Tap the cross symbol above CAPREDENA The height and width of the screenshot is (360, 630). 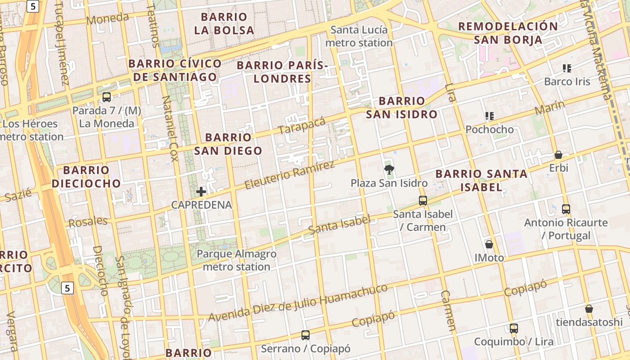[201, 192]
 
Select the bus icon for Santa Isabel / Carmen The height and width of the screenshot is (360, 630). [423, 201]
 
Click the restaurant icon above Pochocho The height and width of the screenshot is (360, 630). [490, 116]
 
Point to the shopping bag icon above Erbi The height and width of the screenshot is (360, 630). [558, 155]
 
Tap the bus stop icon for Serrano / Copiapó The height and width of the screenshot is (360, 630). [306, 335]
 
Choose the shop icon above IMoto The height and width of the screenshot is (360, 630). [489, 244]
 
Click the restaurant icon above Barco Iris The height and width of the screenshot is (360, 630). [567, 68]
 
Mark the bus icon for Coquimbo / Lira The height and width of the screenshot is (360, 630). [514, 328]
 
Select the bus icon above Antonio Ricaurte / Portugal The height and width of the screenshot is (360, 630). [566, 209]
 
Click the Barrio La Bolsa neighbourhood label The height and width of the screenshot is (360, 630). [224, 24]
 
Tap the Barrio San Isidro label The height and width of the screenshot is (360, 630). [401, 108]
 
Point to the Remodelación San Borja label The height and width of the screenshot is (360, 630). [508, 33]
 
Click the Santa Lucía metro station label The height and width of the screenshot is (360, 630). [359, 36]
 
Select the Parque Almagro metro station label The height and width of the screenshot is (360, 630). [237, 260]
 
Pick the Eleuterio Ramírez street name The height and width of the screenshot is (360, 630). [290, 175]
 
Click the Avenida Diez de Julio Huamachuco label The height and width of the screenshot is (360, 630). [297, 303]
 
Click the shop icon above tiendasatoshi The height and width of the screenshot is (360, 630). [589, 309]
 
